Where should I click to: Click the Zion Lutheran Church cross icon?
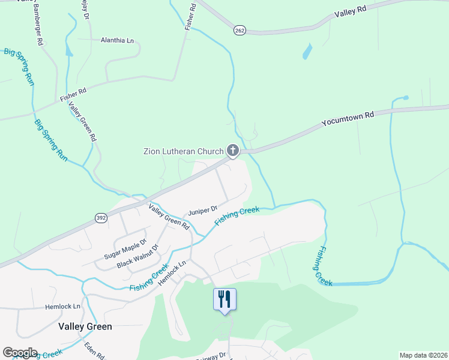pyautogui.click(x=232, y=151)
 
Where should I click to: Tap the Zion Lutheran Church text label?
pyautogui.click(x=183, y=151)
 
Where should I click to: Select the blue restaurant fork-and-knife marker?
pyautogui.click(x=225, y=299)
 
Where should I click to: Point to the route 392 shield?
pyautogui.click(x=101, y=218)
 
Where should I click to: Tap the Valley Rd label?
pyautogui.click(x=350, y=11)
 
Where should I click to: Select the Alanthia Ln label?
pyautogui.click(x=117, y=40)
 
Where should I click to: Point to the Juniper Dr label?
pyautogui.click(x=202, y=211)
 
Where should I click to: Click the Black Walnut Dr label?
pyautogui.click(x=137, y=256)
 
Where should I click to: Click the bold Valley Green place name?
pyautogui.click(x=85, y=326)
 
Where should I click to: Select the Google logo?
pyautogui.click(x=20, y=353)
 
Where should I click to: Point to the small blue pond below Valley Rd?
pyautogui.click(x=307, y=52)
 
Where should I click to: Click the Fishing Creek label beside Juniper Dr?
pyautogui.click(x=237, y=217)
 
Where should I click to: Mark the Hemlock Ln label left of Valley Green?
pyautogui.click(x=62, y=306)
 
